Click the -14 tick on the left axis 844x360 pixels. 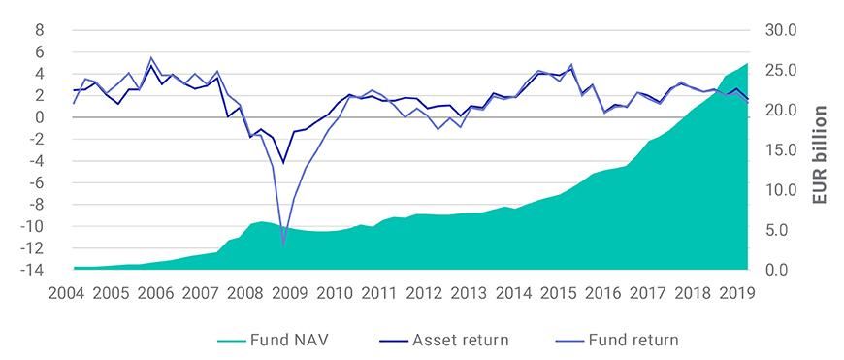(34, 269)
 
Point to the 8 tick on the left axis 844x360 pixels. (40, 30)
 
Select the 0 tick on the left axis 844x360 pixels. (40, 117)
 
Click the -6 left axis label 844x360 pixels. (37, 182)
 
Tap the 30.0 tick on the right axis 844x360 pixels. (781, 30)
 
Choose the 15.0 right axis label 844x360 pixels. (781, 149)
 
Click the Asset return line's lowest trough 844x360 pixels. (283, 163)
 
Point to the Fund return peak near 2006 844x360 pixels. (150, 57)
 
